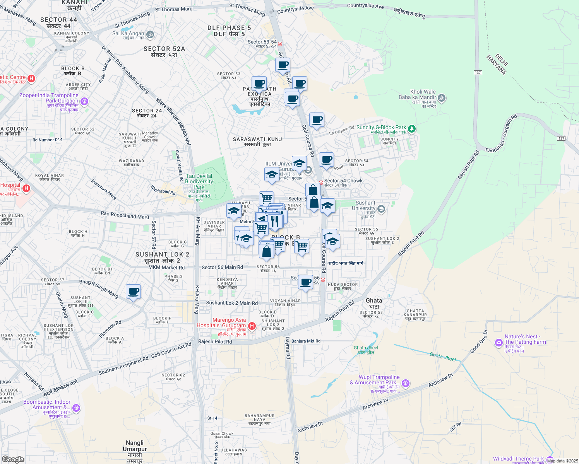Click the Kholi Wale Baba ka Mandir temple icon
tap(442, 98)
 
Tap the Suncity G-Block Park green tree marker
tap(412, 128)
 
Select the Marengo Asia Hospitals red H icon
tap(252, 326)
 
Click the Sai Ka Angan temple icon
tap(150, 35)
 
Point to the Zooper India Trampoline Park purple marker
tap(84, 102)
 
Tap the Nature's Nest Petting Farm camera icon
tap(499, 343)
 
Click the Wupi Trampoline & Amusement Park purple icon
tap(405, 383)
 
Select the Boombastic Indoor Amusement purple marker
tap(76, 408)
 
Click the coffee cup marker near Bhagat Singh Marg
tap(133, 291)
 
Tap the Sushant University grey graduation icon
tap(381, 209)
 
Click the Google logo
tap(13, 459)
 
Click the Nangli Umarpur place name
tap(135, 449)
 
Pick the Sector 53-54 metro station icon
tap(280, 44)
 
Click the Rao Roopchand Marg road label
tap(125, 215)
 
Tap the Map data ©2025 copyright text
tap(562, 461)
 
